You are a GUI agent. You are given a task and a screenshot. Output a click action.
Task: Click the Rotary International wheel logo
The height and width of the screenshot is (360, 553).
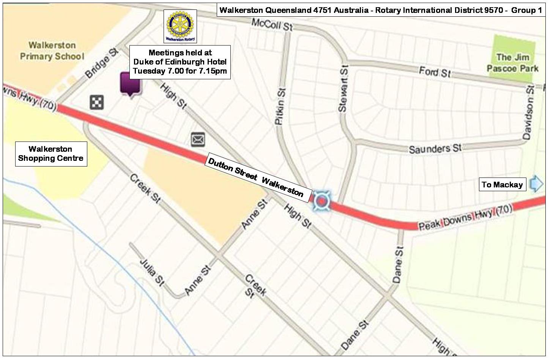[x=180, y=24]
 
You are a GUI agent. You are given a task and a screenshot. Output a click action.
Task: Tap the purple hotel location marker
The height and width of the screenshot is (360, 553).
[x=130, y=83]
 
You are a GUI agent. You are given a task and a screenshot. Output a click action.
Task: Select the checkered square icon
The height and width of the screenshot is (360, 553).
[x=97, y=102]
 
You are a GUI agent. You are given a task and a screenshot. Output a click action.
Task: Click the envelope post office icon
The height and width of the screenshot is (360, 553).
[x=198, y=139]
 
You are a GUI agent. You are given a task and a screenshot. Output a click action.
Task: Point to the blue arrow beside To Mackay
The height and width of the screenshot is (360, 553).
[x=536, y=184]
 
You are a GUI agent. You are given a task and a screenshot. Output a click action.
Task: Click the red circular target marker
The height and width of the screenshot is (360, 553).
[x=321, y=201]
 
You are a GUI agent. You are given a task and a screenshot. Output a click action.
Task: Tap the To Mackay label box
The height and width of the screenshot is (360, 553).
[x=502, y=185]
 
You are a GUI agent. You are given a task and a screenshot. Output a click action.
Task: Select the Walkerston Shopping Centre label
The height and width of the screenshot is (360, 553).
[x=51, y=154]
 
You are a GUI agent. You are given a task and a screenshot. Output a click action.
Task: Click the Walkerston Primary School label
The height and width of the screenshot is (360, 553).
[x=52, y=51]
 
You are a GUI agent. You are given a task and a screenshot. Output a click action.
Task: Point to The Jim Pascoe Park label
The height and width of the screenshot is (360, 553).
[x=512, y=63]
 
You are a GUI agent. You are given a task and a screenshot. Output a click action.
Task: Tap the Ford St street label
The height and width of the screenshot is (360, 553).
[x=435, y=71]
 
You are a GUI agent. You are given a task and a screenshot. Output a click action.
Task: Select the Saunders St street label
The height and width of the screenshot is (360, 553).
[x=435, y=148]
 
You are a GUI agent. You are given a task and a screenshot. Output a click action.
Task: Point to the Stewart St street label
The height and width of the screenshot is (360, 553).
[x=343, y=89]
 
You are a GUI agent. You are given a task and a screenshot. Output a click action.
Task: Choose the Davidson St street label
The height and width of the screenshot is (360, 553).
[x=528, y=112]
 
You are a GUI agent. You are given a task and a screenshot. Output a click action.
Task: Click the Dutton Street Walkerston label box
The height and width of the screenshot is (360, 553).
[x=256, y=178]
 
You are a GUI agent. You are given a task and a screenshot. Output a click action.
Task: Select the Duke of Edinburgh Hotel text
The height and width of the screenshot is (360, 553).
[x=180, y=62]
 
